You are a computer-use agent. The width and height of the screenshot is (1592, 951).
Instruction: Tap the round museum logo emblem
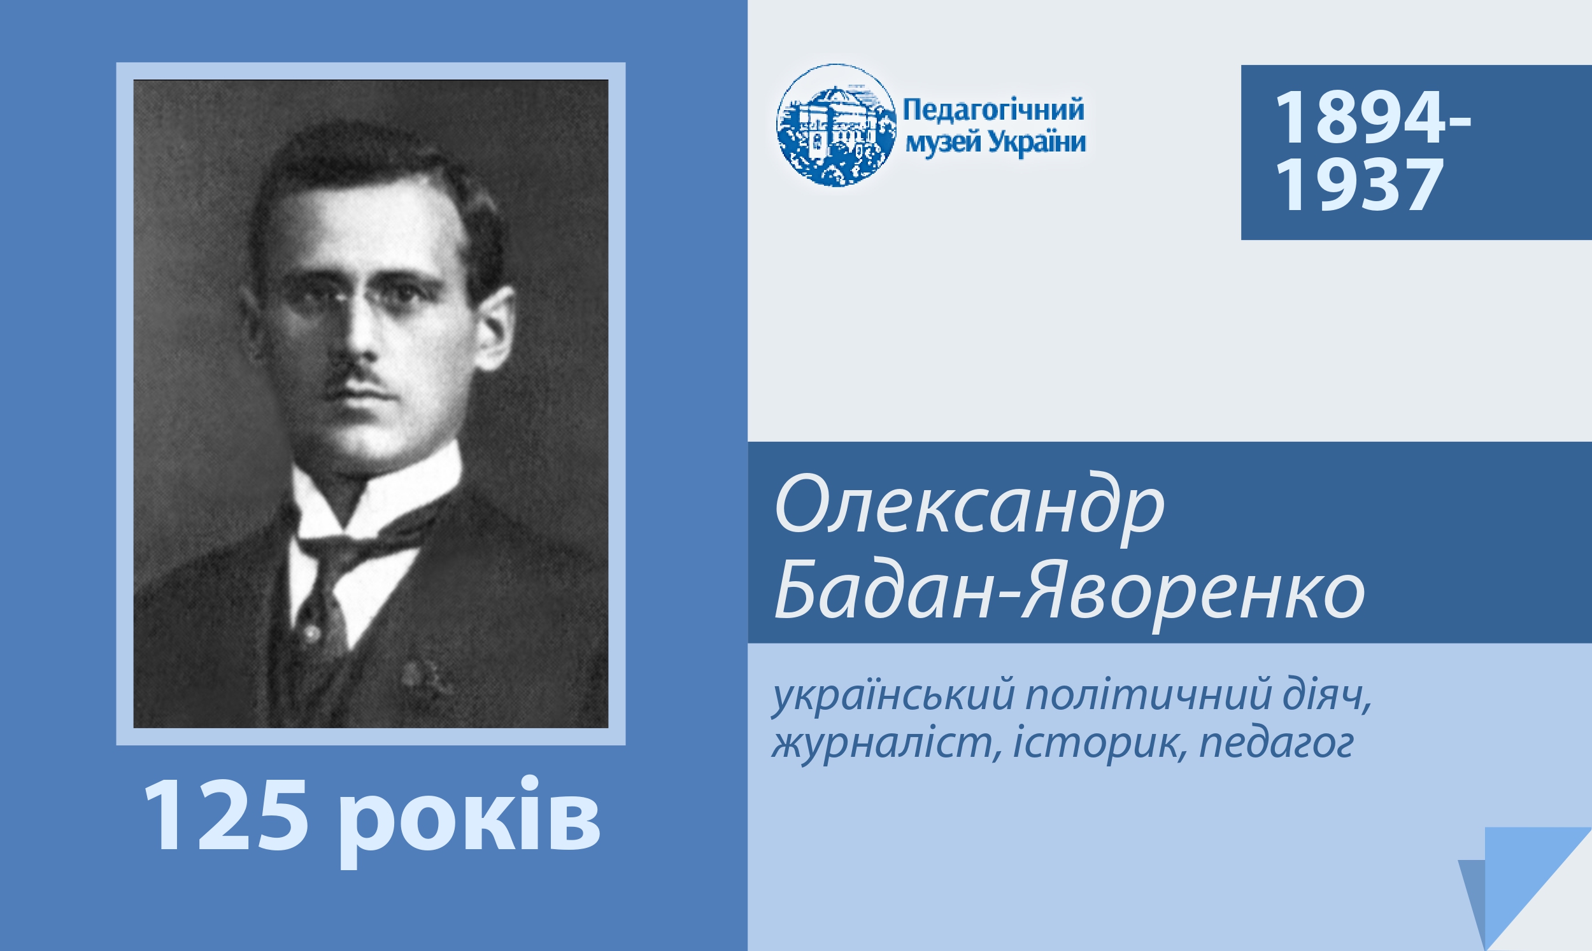(x=835, y=125)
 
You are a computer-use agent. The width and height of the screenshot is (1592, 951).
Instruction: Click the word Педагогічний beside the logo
(x=993, y=110)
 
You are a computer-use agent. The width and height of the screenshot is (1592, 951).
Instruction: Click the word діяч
(x=1326, y=696)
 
